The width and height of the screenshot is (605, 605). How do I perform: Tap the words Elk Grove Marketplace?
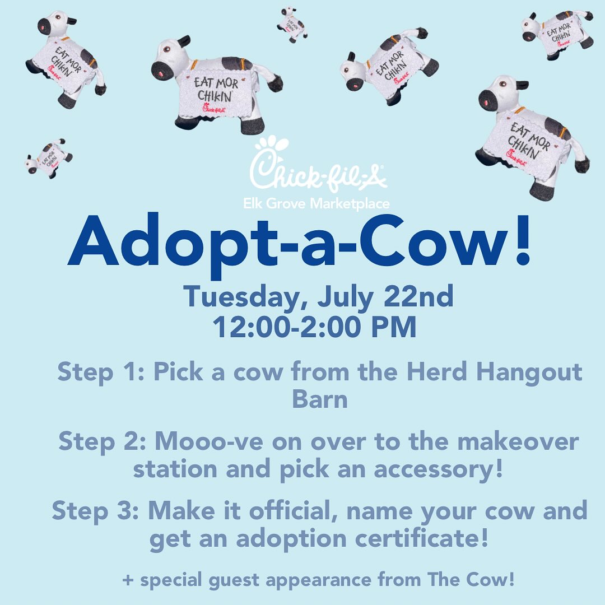click(317, 203)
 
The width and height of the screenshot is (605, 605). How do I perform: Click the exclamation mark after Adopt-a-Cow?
click(523, 239)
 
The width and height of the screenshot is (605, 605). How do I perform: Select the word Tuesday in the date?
click(243, 297)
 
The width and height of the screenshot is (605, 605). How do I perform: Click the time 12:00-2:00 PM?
click(314, 327)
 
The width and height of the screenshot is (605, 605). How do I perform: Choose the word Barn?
click(320, 399)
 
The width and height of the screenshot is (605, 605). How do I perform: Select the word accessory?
click(438, 470)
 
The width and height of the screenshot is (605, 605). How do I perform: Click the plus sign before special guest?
click(128, 580)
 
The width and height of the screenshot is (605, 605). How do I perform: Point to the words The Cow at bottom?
click(471, 579)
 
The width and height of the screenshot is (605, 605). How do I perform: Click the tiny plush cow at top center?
click(292, 24)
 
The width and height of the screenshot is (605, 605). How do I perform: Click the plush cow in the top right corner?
click(557, 34)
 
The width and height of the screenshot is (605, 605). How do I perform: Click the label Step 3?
click(95, 511)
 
